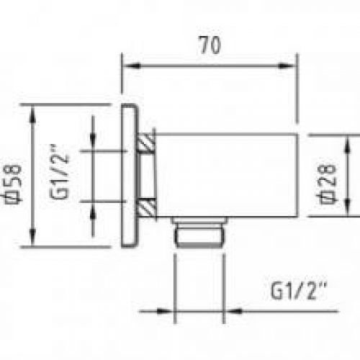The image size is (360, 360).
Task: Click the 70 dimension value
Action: point(210,45)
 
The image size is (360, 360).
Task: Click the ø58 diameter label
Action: point(13,184)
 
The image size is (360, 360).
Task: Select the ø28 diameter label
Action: point(326,184)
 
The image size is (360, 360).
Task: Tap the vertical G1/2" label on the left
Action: point(59,171)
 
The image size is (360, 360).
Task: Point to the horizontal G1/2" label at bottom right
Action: point(299,291)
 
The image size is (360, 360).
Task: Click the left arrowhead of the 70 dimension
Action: point(132,66)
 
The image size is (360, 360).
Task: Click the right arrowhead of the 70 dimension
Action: point(287,66)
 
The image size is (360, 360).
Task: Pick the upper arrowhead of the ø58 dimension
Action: point(32,114)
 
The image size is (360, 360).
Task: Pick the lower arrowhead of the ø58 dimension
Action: point(32,237)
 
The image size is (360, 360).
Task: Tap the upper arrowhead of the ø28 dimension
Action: point(348,144)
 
